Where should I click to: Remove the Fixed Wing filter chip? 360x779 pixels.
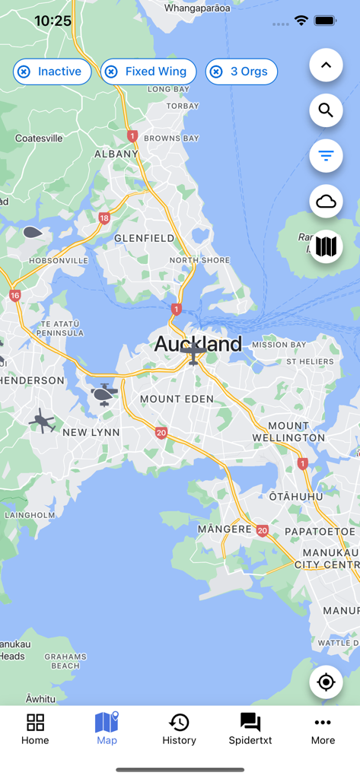(x=111, y=72)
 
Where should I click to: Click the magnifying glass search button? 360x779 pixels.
(x=326, y=110)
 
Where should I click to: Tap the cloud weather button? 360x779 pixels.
(x=326, y=202)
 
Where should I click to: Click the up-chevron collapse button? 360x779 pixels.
(x=326, y=65)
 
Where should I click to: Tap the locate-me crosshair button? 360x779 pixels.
(x=326, y=682)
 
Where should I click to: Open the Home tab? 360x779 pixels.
(x=35, y=729)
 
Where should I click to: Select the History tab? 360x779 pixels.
(x=179, y=729)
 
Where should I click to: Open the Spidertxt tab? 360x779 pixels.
(x=250, y=729)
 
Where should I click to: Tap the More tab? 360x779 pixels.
(x=323, y=729)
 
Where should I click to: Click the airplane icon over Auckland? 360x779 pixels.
(x=194, y=352)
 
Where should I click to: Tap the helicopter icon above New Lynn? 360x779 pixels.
(x=103, y=393)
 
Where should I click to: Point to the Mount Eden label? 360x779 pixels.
(x=171, y=399)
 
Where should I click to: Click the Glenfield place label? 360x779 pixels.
(x=144, y=238)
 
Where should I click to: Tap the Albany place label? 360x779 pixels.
(x=116, y=154)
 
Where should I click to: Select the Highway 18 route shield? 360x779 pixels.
(x=104, y=218)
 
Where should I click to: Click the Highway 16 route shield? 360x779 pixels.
(x=15, y=295)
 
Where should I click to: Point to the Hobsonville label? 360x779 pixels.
(x=59, y=261)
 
